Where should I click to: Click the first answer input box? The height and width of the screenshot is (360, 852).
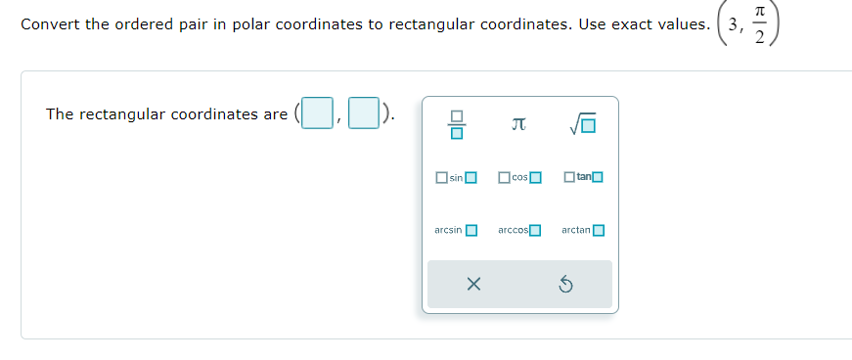click(x=316, y=113)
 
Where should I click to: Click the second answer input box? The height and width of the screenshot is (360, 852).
click(x=363, y=113)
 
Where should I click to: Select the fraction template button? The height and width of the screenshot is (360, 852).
click(x=456, y=124)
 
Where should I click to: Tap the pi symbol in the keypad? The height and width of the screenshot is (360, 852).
click(x=519, y=124)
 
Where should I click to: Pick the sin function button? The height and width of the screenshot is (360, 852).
click(x=456, y=177)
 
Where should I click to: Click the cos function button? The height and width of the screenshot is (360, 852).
click(x=519, y=177)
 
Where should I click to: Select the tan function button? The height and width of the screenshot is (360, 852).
click(x=583, y=177)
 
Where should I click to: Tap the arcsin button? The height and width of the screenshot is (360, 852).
click(x=456, y=231)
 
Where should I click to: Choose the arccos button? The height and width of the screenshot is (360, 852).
click(x=519, y=231)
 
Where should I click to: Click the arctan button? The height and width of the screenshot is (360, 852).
click(x=583, y=231)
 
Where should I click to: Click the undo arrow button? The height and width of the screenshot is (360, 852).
click(x=565, y=285)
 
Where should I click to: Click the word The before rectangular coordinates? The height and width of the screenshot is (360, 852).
click(x=60, y=114)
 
